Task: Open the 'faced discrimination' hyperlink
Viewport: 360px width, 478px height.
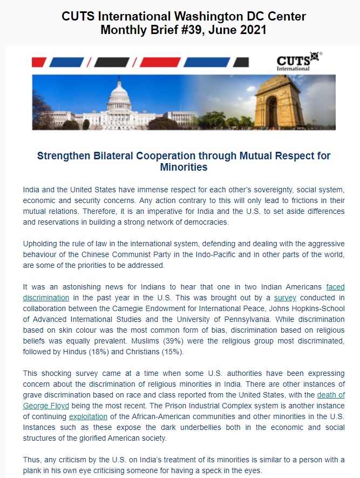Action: pyautogui.click(x=335, y=287)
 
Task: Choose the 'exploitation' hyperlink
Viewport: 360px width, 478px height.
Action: pyautogui.click(x=88, y=416)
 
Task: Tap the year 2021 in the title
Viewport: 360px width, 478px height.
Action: pyautogui.click(x=248, y=30)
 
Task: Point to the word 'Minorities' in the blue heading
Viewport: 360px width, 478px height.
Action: pyautogui.click(x=184, y=167)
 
